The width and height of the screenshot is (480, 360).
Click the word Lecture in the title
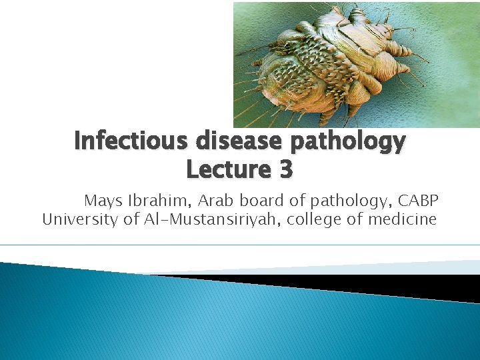(x=223, y=170)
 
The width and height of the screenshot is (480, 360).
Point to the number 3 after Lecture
(x=285, y=170)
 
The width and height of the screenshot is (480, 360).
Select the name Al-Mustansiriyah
(x=211, y=219)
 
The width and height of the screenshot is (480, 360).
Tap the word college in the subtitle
(x=313, y=219)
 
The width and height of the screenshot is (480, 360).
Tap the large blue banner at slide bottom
(x=200, y=320)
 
